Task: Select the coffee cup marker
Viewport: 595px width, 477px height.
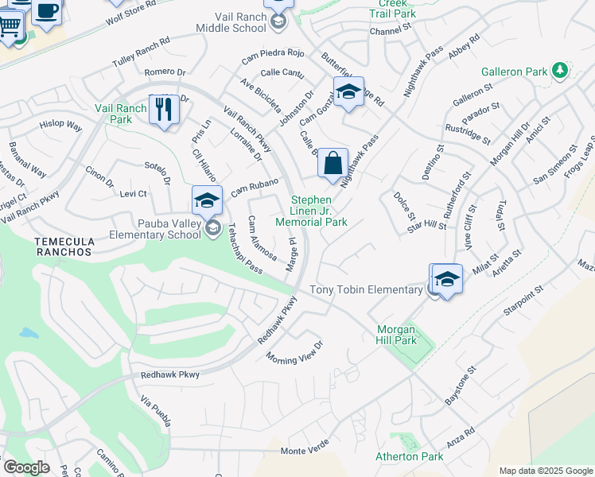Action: click(47, 11)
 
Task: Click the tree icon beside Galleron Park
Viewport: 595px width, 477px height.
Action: click(560, 70)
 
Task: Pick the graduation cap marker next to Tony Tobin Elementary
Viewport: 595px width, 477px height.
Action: click(448, 279)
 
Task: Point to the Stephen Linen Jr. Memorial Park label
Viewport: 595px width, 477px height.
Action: click(318, 211)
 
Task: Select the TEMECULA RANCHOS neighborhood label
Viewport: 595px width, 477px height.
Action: click(64, 246)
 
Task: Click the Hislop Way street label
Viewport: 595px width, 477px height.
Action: click(61, 126)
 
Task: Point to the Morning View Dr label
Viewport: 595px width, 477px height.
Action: click(294, 351)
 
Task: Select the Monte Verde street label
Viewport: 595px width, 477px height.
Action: click(305, 451)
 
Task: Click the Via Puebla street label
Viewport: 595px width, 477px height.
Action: click(155, 411)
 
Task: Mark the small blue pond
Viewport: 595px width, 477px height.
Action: click(29, 332)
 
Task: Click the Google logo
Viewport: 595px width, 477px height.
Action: click(26, 467)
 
